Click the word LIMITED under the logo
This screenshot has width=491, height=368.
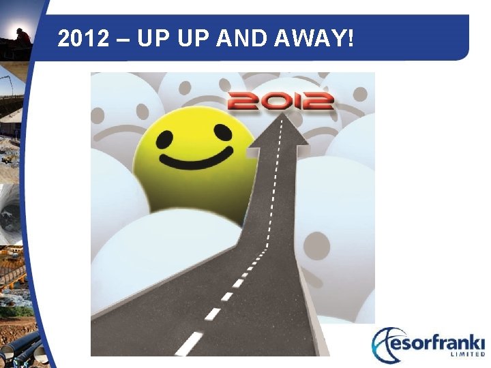[x=464, y=355]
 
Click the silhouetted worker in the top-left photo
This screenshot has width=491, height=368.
[x=23, y=34]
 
